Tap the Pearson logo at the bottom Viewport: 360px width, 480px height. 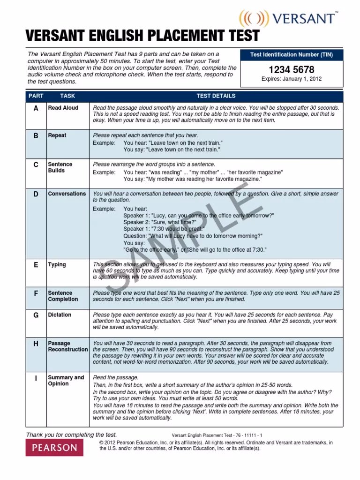54,447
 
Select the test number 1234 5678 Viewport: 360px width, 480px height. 292,70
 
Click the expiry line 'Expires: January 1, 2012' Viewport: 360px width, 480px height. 292,79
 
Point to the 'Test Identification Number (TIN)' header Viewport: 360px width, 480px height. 292,55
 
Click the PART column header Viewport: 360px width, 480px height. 36,96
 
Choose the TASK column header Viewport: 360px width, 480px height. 67,96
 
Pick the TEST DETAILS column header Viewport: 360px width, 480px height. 216,96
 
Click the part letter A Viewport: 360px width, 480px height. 36,108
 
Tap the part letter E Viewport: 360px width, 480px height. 36,265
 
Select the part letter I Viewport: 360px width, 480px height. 36,378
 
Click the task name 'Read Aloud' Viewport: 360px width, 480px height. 63,108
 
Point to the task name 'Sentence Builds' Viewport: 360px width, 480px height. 60,167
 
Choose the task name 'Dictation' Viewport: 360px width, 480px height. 60,315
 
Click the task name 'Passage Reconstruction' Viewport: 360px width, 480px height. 67,346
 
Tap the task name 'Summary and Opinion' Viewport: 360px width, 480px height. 66,381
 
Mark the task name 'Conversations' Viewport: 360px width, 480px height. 67,194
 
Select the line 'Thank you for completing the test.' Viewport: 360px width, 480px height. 72,435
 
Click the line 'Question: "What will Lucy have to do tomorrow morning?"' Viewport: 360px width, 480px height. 193,236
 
